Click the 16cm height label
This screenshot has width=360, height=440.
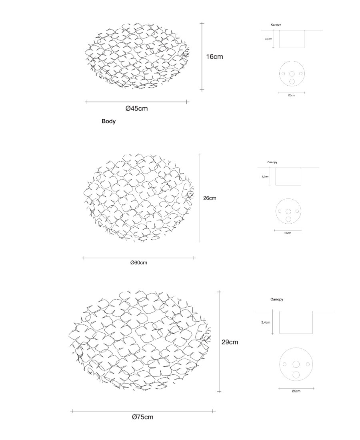coord(214,57)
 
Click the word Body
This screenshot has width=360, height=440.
coord(108,121)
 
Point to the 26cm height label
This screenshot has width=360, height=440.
coord(210,198)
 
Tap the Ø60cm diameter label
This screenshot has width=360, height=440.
coord(139,263)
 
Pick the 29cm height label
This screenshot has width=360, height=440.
coord(230,342)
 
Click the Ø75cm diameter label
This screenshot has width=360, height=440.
coord(142,417)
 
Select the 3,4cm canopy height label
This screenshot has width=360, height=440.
coord(265,322)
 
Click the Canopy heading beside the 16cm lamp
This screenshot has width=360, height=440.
coord(276,25)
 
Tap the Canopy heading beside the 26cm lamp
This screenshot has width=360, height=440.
coord(272,162)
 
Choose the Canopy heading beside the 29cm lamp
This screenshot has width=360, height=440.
coord(277,299)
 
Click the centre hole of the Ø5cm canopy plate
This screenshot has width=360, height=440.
coord(296,364)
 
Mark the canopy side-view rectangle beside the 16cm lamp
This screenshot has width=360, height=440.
coord(292,39)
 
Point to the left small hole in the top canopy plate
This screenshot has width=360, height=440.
coord(283,74)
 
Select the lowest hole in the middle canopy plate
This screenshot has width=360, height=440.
coord(288,219)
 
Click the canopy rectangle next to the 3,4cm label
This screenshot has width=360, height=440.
coord(296,322)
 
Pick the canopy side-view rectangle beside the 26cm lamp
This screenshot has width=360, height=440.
coord(288,176)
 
